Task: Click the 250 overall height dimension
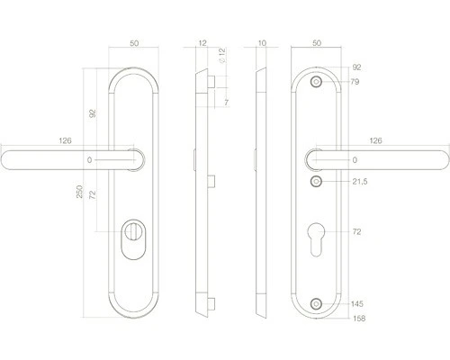coord(79,192)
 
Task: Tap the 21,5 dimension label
coord(360,182)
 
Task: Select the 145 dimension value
coord(357,304)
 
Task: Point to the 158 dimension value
coord(359,319)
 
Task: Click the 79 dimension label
coord(355,82)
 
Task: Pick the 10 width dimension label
coord(262,43)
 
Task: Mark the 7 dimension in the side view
coord(226,103)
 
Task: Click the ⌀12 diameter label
coord(222,56)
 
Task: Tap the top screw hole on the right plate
coord(316,82)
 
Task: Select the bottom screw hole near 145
coord(316,304)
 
